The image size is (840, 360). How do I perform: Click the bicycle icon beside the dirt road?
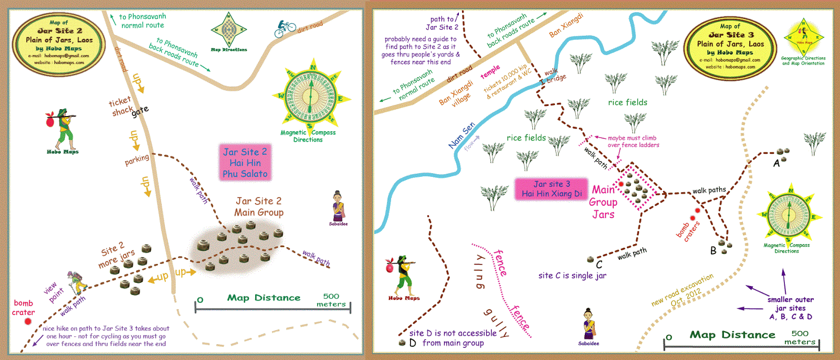point(285,28)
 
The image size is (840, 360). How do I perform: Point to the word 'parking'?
point(137,160)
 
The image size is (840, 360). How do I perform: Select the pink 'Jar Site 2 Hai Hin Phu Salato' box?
point(245,163)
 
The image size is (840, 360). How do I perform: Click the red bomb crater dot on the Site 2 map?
point(27,321)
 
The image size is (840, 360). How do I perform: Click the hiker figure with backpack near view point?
point(77,283)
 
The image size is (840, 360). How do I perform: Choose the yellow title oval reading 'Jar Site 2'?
point(59,43)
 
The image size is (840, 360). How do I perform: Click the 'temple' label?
point(490,72)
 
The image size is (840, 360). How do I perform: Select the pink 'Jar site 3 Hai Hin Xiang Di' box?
point(551,189)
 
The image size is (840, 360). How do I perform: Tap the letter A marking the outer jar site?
point(776,163)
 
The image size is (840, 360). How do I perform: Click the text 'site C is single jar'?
point(572,276)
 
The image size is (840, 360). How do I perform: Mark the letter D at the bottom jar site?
point(413,343)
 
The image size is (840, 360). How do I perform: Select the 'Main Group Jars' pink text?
point(603,202)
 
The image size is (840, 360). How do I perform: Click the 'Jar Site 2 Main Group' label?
point(259,207)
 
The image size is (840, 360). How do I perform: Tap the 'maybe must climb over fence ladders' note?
point(633,142)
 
